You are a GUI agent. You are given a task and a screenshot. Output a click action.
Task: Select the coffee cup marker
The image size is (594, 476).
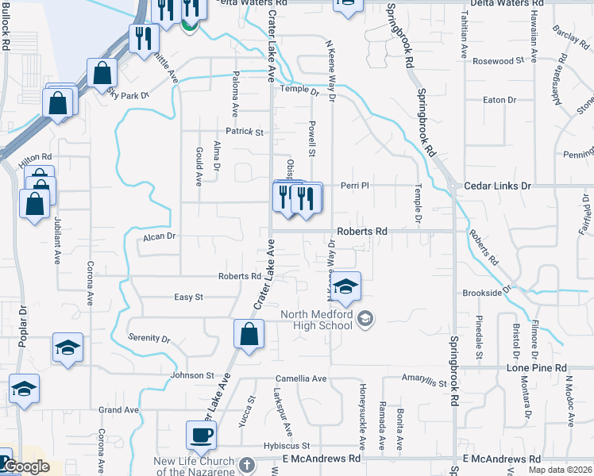(201, 435)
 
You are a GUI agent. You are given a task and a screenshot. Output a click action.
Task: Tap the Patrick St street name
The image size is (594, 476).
(244, 132)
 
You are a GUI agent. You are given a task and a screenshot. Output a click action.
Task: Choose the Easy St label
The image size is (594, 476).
(189, 297)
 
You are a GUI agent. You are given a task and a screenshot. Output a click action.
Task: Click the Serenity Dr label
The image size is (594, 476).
(149, 338)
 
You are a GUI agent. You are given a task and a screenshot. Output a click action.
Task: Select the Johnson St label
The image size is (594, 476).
(192, 374)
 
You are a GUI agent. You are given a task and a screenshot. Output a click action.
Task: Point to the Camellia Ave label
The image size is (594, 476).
(301, 378)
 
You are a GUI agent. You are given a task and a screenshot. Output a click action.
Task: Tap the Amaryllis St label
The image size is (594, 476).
(425, 381)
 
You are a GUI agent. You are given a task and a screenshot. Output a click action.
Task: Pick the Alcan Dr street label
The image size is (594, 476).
(159, 236)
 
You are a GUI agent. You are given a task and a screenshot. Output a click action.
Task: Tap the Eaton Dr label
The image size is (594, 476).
(499, 100)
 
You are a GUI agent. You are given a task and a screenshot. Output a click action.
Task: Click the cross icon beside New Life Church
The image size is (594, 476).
(246, 465)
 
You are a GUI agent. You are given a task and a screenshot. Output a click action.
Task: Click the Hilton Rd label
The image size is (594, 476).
(35, 158)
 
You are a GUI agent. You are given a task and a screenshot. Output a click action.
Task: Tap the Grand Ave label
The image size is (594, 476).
(118, 410)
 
